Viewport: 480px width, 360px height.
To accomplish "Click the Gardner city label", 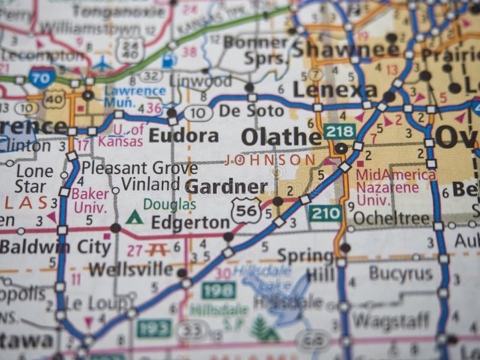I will [226, 187].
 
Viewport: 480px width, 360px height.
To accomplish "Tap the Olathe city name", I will [281, 137].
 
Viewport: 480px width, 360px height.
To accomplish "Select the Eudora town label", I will [184, 136].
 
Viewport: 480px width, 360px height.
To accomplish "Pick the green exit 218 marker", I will [340, 130].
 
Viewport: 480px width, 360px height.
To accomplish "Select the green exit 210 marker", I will [325, 212].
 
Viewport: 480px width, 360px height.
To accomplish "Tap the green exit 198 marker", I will [218, 290].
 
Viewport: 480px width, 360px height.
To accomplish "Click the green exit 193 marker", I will [154, 328].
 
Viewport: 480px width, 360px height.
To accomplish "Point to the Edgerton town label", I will [190, 223].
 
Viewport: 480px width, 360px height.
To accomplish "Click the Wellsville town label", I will [131, 269].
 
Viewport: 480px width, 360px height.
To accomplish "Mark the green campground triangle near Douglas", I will [134, 217].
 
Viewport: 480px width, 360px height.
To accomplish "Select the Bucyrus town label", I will [401, 274].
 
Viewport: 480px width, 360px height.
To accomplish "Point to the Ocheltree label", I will [392, 218].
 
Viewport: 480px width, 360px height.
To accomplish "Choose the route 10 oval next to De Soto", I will [198, 113].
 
